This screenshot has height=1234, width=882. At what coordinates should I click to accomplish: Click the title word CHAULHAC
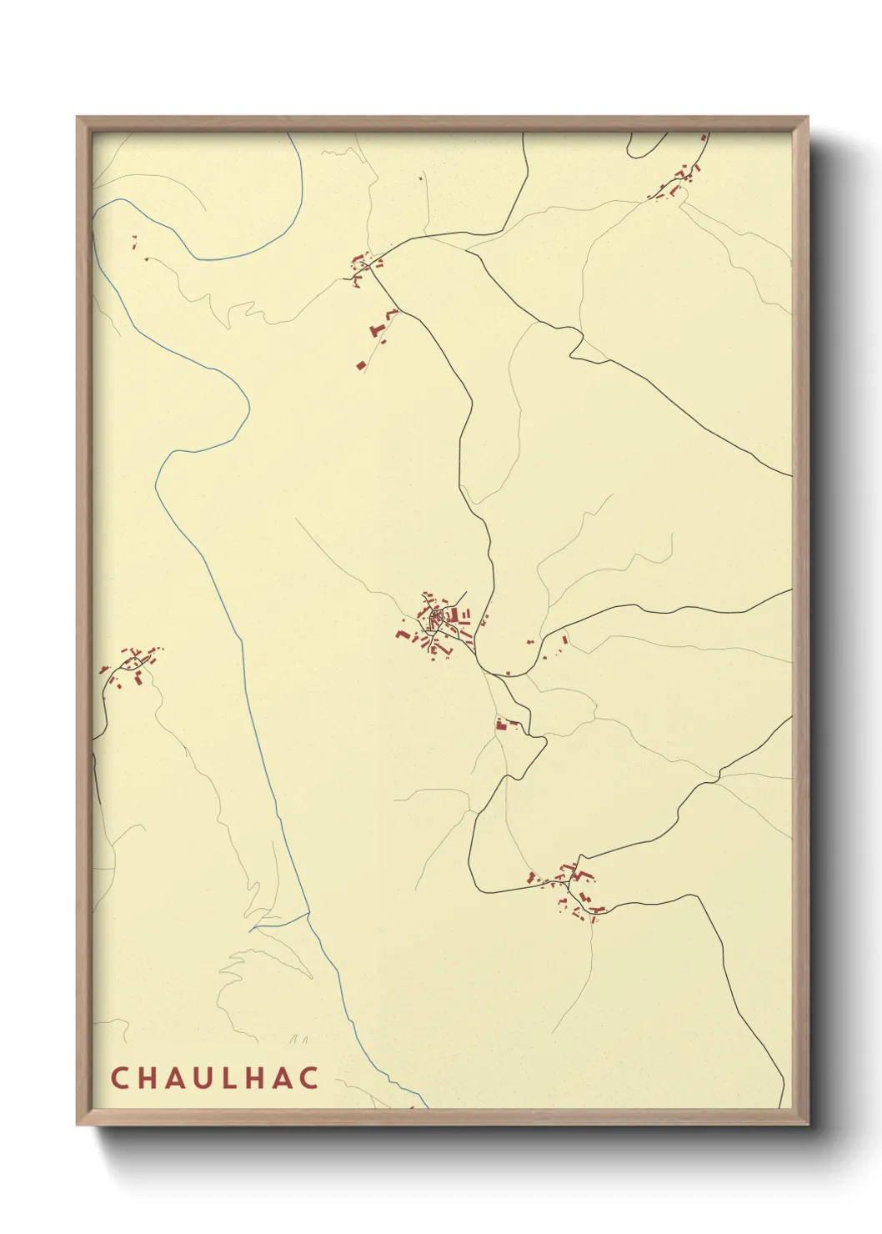tap(214, 1077)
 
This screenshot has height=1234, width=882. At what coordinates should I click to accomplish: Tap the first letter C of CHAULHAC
tap(118, 1077)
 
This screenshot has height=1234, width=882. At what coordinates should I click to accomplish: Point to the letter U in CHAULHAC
tap(199, 1077)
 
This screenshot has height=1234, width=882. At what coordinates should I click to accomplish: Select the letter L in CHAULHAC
tap(227, 1077)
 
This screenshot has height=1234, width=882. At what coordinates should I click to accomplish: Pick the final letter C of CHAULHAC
tap(310, 1077)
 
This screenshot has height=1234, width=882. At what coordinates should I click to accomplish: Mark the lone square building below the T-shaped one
tap(361, 364)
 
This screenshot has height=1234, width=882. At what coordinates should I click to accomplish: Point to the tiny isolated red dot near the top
tap(421, 178)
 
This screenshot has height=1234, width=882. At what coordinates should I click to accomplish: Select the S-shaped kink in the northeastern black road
tap(575, 344)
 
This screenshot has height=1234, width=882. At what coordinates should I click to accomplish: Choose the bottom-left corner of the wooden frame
tap(78, 1124)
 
